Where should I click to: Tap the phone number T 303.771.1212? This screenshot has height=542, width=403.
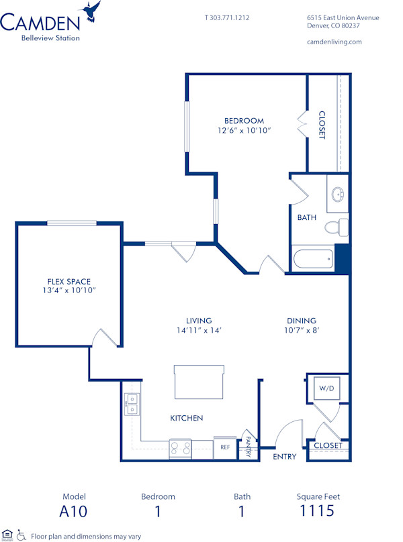(227, 17)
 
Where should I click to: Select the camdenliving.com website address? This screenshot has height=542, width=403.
(334, 42)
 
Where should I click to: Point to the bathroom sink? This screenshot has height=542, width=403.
(338, 195)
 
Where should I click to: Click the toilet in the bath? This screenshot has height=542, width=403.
(337, 227)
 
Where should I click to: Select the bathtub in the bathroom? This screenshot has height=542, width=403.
(313, 259)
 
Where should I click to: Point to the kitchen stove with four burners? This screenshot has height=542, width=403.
(181, 447)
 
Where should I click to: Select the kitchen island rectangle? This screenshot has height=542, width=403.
(199, 382)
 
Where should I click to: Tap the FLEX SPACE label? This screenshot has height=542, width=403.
(69, 281)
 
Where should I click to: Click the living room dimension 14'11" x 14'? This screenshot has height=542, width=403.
(199, 330)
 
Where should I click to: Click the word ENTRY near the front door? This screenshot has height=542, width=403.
(285, 457)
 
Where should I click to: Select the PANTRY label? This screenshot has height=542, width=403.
(248, 447)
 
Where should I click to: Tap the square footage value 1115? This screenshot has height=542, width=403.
(318, 511)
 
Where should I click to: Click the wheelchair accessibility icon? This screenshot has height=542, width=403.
(21, 535)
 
